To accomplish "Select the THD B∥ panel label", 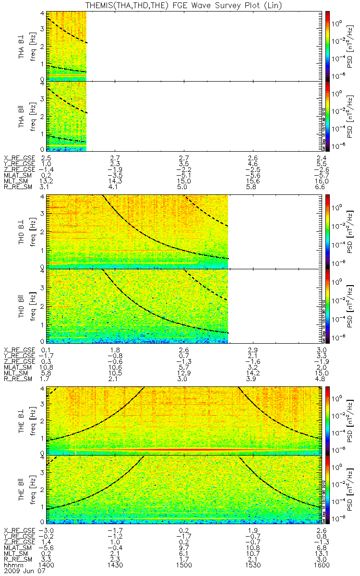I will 22,305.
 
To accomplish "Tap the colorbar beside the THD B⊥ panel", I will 328,231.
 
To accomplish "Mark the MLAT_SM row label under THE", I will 17,547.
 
